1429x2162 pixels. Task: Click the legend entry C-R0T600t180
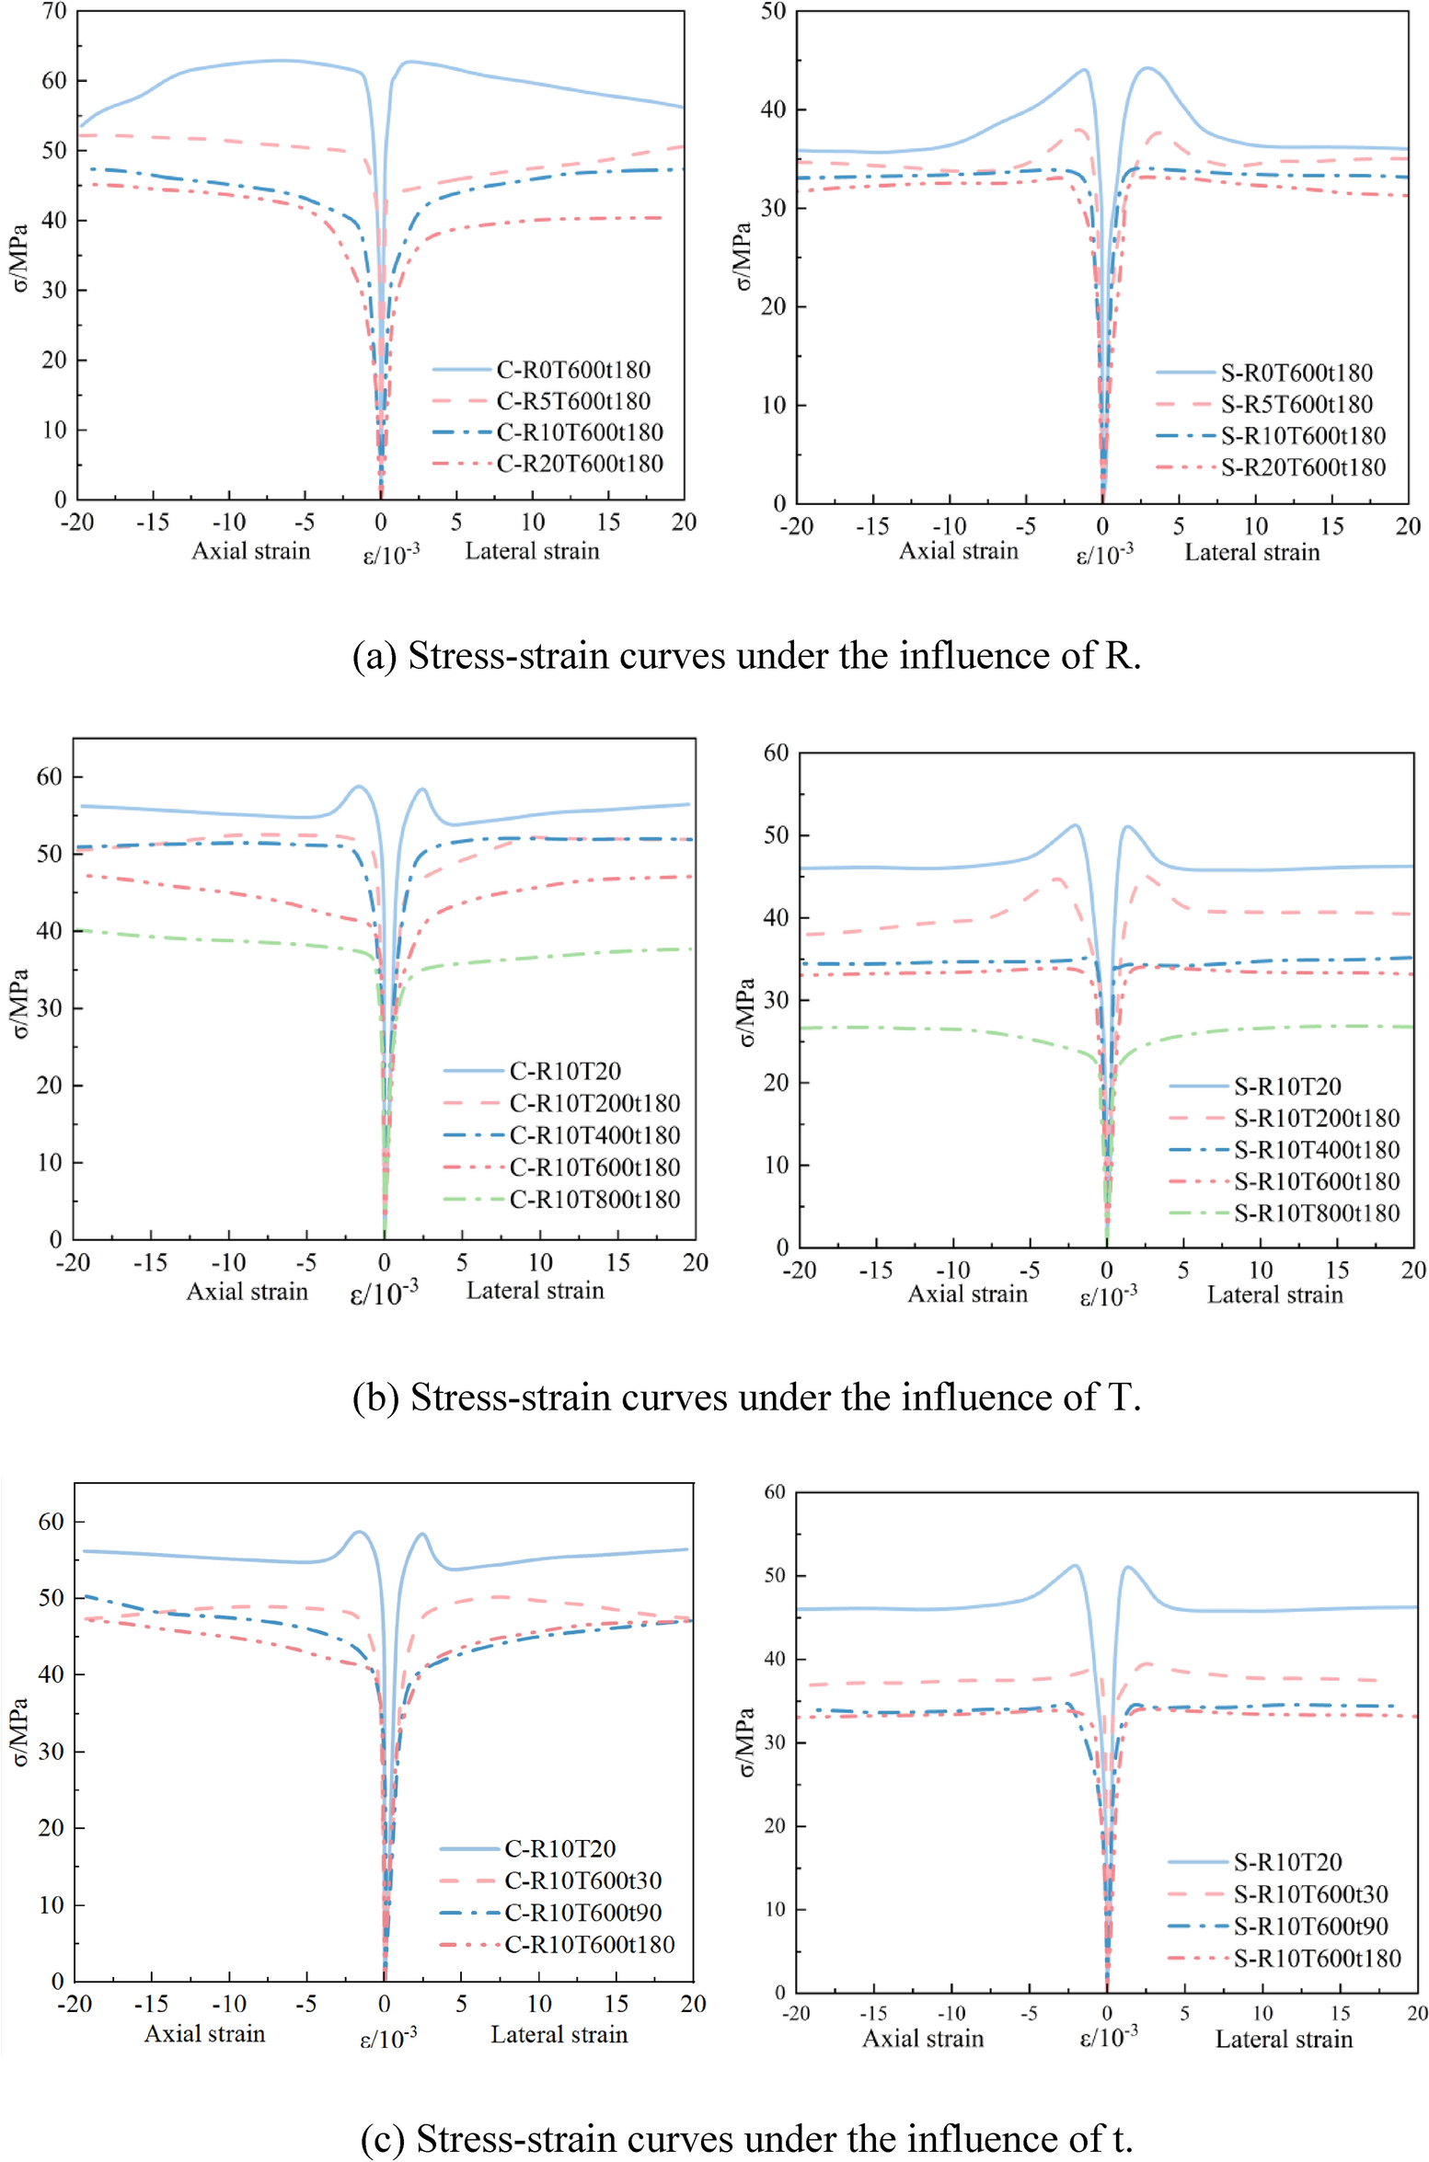[572, 370]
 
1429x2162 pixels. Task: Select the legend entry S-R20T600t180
[1302, 467]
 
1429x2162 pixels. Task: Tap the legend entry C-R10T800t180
[594, 1200]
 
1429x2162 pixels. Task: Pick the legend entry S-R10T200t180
[1316, 1118]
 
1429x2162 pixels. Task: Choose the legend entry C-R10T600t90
[582, 1913]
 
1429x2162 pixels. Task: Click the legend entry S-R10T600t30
[1310, 1894]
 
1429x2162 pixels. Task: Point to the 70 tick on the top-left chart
[54, 12]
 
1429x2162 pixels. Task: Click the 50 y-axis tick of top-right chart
[773, 12]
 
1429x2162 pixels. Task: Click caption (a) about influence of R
[746, 656]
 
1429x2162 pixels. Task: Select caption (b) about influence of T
[746, 1397]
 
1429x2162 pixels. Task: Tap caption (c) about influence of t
[746, 2138]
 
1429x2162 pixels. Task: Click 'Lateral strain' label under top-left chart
[532, 551]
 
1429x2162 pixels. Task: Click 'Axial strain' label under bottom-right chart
[922, 2039]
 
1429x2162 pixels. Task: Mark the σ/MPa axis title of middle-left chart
[20, 1003]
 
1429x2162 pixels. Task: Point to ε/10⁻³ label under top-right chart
[1104, 555]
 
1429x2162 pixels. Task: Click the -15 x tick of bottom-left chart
[151, 2004]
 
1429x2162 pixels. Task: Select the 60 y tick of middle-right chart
[776, 753]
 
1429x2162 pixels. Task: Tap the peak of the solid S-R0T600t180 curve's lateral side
[1147, 68]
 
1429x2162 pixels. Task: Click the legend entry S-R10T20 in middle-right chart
[1286, 1087]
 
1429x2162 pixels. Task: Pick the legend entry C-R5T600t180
[572, 401]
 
